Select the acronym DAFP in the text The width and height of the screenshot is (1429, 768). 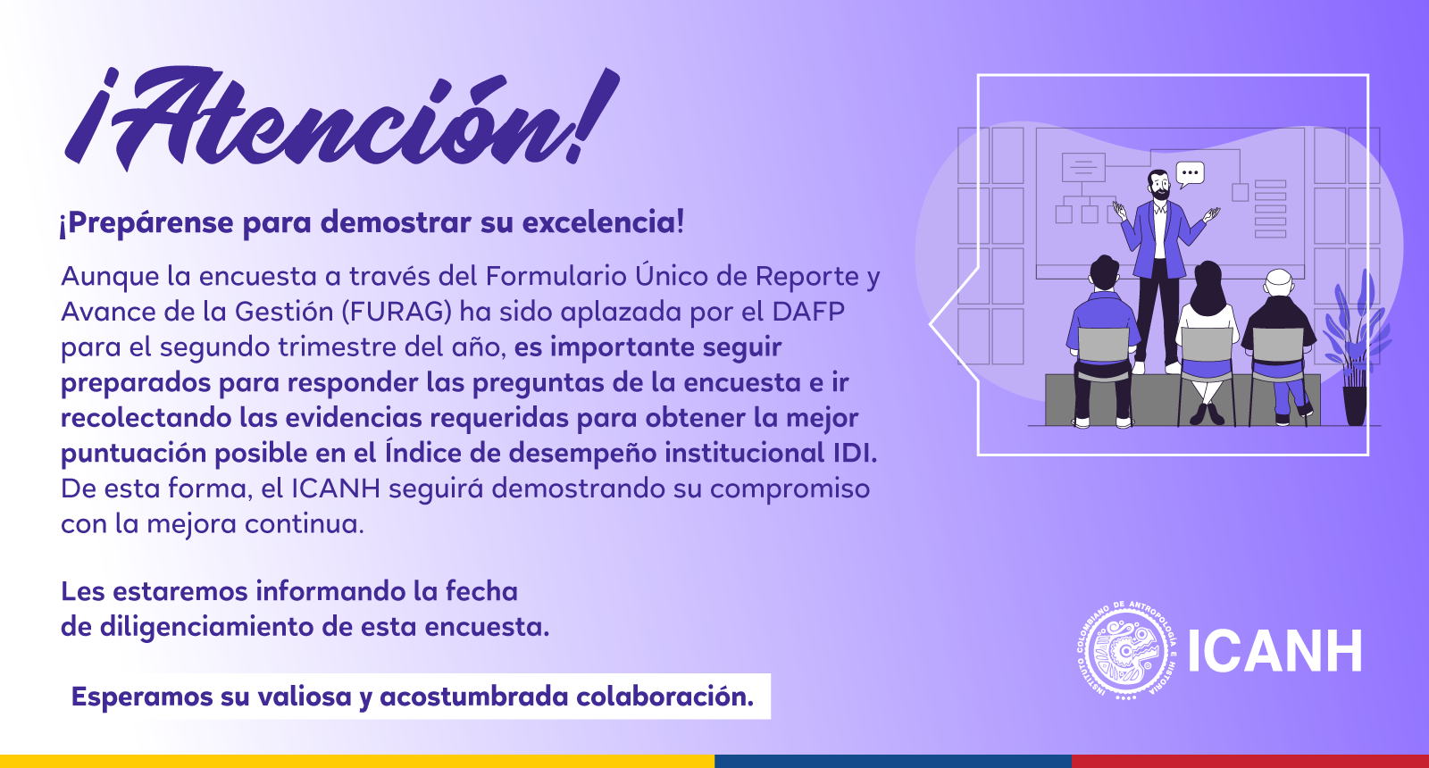808,312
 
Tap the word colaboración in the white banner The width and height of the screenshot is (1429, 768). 664,697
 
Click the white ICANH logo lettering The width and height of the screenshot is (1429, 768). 1275,651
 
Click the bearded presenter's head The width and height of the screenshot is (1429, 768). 1158,185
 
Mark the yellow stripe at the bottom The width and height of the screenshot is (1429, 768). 357,762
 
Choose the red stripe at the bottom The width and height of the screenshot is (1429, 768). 1250,762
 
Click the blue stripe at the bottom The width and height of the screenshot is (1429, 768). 893,762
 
